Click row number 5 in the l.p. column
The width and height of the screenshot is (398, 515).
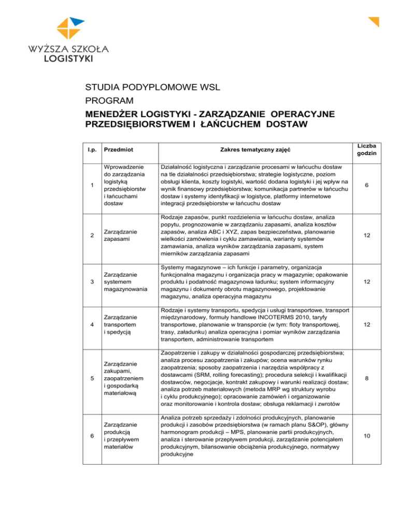pyautogui.click(x=91, y=379)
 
